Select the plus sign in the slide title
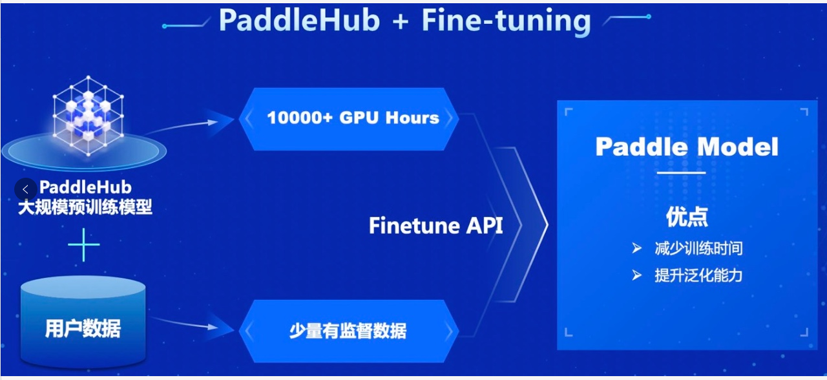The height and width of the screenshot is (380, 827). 401,21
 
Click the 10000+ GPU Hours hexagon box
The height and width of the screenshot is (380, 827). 349,118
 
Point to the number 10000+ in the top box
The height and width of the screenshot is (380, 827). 299,118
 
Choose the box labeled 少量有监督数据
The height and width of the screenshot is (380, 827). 349,332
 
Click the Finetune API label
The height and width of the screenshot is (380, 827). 435,226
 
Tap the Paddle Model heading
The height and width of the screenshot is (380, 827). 687,147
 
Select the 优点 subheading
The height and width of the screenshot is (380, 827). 687,217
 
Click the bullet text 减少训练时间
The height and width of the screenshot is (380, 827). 698,248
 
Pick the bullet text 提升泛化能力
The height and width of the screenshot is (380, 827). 698,275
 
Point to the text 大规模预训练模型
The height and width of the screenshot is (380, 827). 84,207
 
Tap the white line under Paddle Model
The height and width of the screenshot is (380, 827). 682,173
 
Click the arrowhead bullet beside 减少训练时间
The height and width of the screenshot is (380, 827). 637,248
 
